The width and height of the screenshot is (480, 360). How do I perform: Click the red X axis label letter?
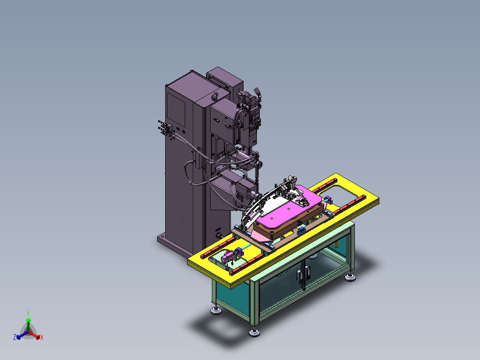click(x=42, y=337)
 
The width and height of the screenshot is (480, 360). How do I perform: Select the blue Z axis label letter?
click(x=14, y=337)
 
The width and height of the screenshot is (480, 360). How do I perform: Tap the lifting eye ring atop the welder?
click(x=215, y=96)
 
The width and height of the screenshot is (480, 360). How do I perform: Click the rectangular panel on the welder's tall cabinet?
click(x=176, y=109)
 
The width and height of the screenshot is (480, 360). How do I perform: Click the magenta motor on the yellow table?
click(x=227, y=257)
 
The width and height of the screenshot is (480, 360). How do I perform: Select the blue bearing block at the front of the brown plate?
click(x=301, y=230)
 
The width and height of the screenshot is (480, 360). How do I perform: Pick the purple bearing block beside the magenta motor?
click(x=239, y=253)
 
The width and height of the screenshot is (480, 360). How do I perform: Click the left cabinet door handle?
click(x=299, y=275)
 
